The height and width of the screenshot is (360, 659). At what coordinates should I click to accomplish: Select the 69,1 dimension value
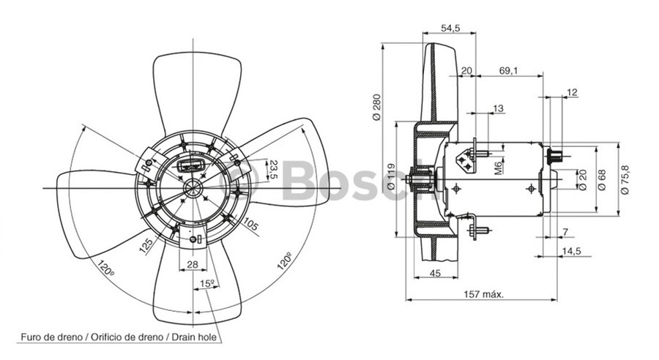click(509, 70)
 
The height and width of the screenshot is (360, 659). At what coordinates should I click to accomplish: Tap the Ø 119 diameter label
click(391, 178)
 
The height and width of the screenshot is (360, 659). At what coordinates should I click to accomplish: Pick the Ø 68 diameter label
click(601, 179)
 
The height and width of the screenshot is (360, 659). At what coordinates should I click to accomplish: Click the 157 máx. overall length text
click(486, 293)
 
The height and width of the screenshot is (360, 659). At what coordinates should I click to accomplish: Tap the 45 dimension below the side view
click(434, 274)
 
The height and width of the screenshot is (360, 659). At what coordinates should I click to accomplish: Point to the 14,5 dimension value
click(572, 251)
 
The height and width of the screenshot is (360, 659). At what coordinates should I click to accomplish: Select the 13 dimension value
click(498, 108)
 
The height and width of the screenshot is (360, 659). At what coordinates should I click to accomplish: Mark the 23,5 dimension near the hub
click(273, 169)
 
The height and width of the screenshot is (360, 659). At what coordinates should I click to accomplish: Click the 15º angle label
click(207, 283)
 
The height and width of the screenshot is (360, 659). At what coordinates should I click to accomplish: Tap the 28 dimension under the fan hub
click(193, 264)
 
